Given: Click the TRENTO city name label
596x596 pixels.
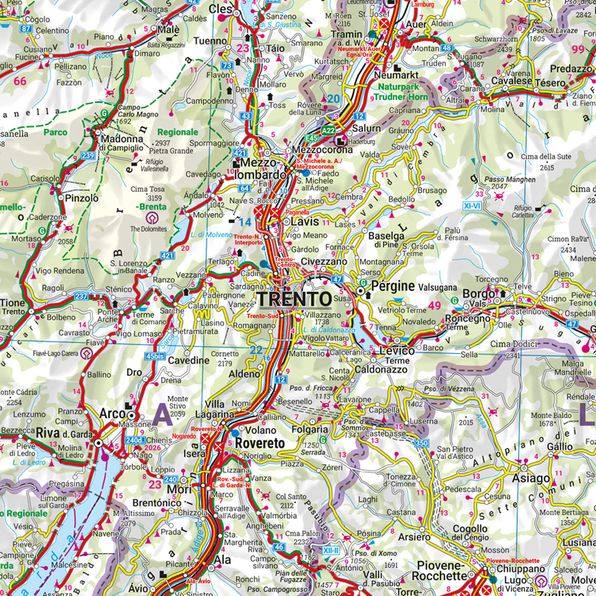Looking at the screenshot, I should (x=294, y=298).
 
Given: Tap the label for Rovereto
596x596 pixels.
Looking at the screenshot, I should (x=259, y=443).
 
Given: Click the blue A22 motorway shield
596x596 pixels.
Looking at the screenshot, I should (x=328, y=129).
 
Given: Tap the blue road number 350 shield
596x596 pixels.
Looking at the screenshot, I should (x=422, y=442).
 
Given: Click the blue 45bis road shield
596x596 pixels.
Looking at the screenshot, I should (x=154, y=357).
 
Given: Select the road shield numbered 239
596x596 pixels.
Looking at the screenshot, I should (x=88, y=156).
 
